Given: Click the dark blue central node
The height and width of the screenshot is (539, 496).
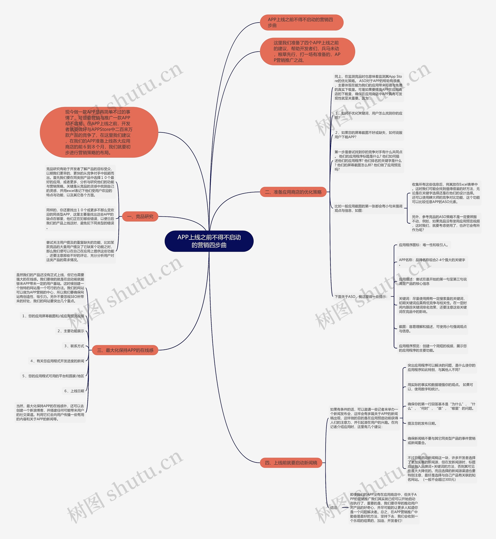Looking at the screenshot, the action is pyautogui.click(x=209, y=241).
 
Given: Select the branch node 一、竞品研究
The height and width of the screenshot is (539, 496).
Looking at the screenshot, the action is pyautogui.click(x=140, y=216).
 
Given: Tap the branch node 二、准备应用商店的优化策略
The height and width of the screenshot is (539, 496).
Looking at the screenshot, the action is pyautogui.click(x=293, y=192).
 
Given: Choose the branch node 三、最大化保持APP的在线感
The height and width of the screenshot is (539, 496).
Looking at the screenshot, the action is pyautogui.click(x=125, y=350).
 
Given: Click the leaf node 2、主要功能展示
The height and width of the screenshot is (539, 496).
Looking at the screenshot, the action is pyautogui.click(x=71, y=331).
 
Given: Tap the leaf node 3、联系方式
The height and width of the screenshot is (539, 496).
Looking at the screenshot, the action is pyautogui.click(x=74, y=346).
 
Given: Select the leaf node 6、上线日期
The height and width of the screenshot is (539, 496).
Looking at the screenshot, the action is pyautogui.click(x=74, y=391).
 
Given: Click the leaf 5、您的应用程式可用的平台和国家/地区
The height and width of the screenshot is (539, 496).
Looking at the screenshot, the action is pyautogui.click(x=53, y=376).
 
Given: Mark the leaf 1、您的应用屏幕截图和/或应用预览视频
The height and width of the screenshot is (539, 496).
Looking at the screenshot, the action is pyautogui.click(x=53, y=316).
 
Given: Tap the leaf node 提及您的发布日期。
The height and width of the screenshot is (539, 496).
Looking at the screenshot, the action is pyautogui.click(x=422, y=423).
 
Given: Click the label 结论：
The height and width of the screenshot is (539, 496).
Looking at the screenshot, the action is pyautogui.click(x=334, y=508).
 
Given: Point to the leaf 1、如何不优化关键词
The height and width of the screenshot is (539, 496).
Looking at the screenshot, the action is pyautogui.click(x=368, y=116).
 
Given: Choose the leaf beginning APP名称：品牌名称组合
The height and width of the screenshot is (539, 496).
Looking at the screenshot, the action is pyautogui.click(x=432, y=262).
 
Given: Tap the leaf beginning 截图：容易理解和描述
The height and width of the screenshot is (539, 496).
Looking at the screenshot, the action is pyautogui.click(x=432, y=329).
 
